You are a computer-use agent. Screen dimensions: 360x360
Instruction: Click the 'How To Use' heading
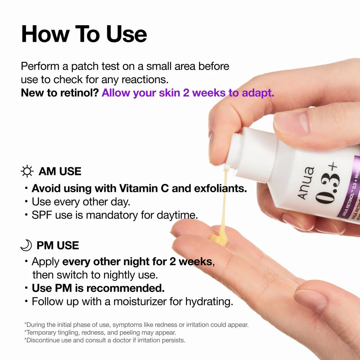pos(84,34)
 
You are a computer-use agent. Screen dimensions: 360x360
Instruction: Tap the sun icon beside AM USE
pos(27,171)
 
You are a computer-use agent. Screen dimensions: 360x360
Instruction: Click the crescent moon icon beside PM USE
pos(26,246)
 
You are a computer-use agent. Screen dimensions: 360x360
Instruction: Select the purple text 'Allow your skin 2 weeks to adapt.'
pos(188,93)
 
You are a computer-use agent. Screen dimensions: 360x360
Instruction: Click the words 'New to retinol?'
pos(60,93)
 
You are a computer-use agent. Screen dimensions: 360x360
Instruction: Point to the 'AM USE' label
pos(60,171)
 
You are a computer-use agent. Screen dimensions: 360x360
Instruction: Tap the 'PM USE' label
pos(58,246)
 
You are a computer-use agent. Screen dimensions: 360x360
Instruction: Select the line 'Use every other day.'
pos(81,202)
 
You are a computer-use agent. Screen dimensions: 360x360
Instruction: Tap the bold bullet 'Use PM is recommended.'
pos(98,288)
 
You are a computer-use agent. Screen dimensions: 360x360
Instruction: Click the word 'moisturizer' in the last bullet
pos(140,301)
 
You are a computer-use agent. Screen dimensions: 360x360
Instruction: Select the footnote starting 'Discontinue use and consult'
pos(104,340)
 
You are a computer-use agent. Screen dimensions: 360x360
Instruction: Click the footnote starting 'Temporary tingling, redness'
pos(100,333)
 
